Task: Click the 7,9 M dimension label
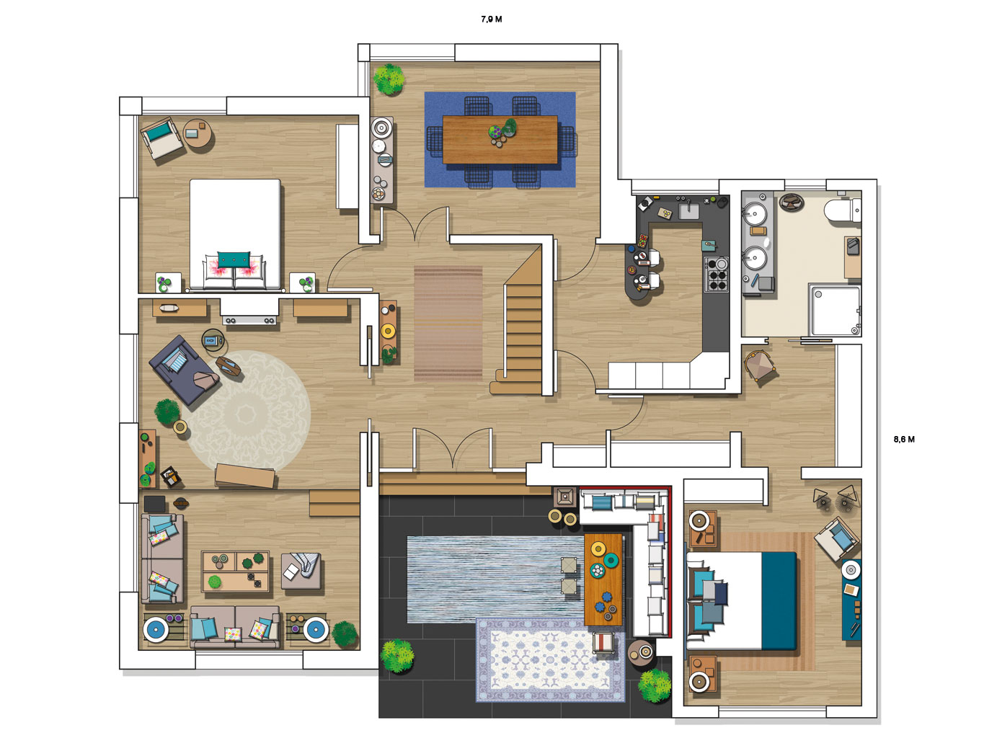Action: [x=492, y=19]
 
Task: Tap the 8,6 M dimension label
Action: [x=904, y=439]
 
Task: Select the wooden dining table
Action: [x=500, y=140]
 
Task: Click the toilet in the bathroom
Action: [x=842, y=210]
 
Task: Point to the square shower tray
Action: [x=835, y=310]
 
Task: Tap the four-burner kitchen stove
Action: [x=716, y=275]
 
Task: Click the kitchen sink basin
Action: [x=688, y=210]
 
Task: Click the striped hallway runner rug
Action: [x=448, y=324]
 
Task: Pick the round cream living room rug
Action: [x=247, y=412]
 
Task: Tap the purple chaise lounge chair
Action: [x=184, y=370]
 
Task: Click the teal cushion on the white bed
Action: [x=234, y=259]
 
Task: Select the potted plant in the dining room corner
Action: [x=389, y=79]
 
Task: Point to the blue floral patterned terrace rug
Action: [x=551, y=660]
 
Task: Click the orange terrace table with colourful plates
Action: [x=603, y=579]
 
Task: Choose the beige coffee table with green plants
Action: [x=235, y=572]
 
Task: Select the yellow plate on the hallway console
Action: [x=387, y=331]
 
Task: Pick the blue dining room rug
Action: [x=500, y=139]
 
